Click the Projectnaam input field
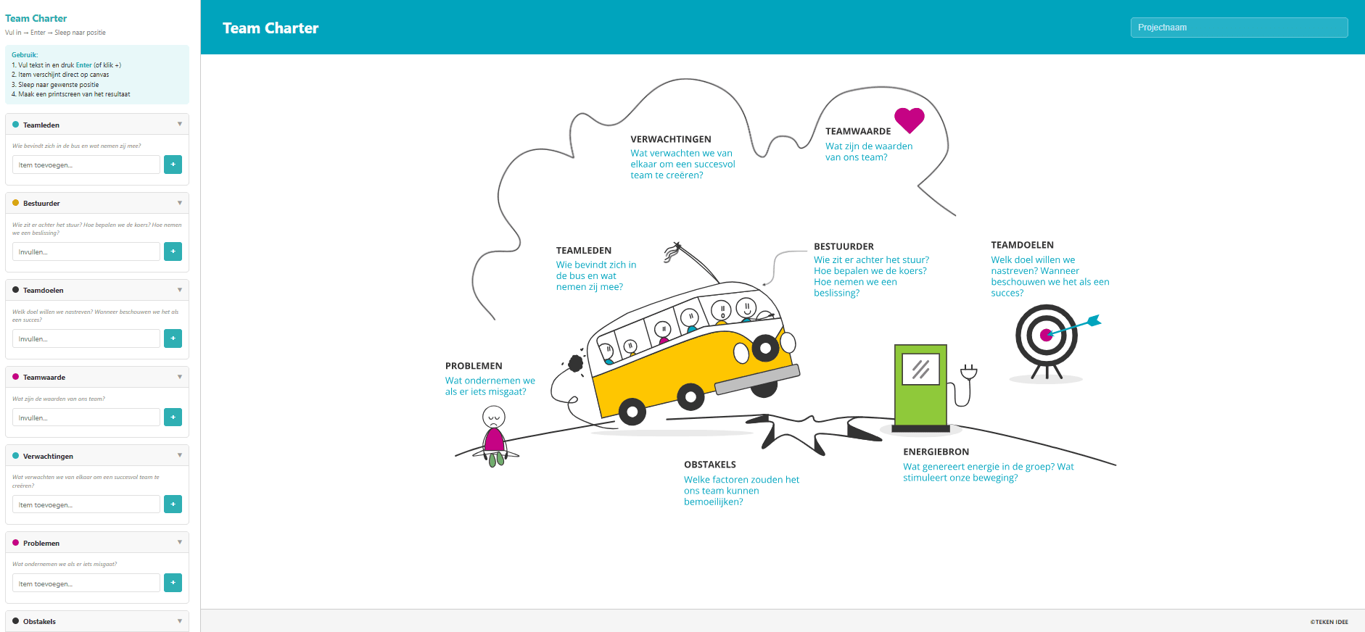pyautogui.click(x=1238, y=28)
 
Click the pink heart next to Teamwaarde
pyautogui.click(x=909, y=120)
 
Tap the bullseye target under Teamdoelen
pyautogui.click(x=1046, y=335)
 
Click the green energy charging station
pyautogui.click(x=920, y=387)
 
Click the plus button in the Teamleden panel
pyautogui.click(x=173, y=165)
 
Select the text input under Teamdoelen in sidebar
pyautogui.click(x=86, y=338)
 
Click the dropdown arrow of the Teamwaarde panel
pyautogui.click(x=179, y=377)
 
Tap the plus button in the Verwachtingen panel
pyautogui.click(x=173, y=504)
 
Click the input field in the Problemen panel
pyautogui.click(x=86, y=583)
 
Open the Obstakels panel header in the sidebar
pyautogui.click(x=97, y=621)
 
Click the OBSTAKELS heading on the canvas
pyautogui.click(x=709, y=465)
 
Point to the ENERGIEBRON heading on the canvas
pyautogui.click(x=936, y=452)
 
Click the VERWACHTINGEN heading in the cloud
pyautogui.click(x=670, y=139)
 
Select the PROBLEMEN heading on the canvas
pyautogui.click(x=474, y=366)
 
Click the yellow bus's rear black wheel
pyautogui.click(x=632, y=412)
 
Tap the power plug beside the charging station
pyautogui.click(x=968, y=373)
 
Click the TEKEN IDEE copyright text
pyautogui.click(x=1329, y=622)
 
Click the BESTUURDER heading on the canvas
pyautogui.click(x=844, y=246)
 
